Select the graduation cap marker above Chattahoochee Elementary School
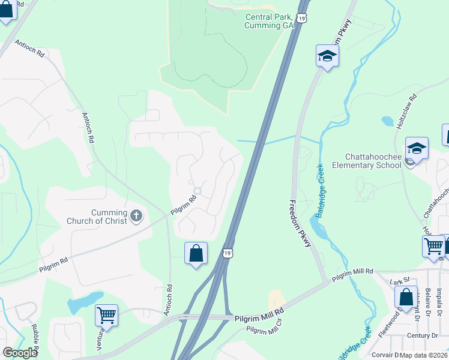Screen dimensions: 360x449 coord(417,148)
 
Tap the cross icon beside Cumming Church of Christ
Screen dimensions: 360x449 coord(137,216)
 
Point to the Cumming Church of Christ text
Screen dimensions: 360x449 coord(109,217)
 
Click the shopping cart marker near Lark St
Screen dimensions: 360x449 coord(433,246)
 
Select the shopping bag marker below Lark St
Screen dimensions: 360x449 coord(406,297)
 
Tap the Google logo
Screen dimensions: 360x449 coord(20,353)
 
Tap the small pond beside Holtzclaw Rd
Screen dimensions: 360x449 coord(387,122)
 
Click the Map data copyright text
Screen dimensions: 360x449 coord(424,355)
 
